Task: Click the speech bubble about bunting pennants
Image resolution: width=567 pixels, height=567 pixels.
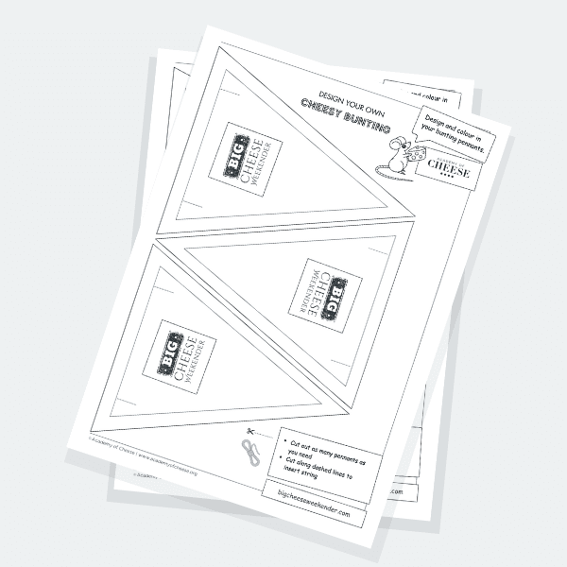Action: (x=455, y=135)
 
